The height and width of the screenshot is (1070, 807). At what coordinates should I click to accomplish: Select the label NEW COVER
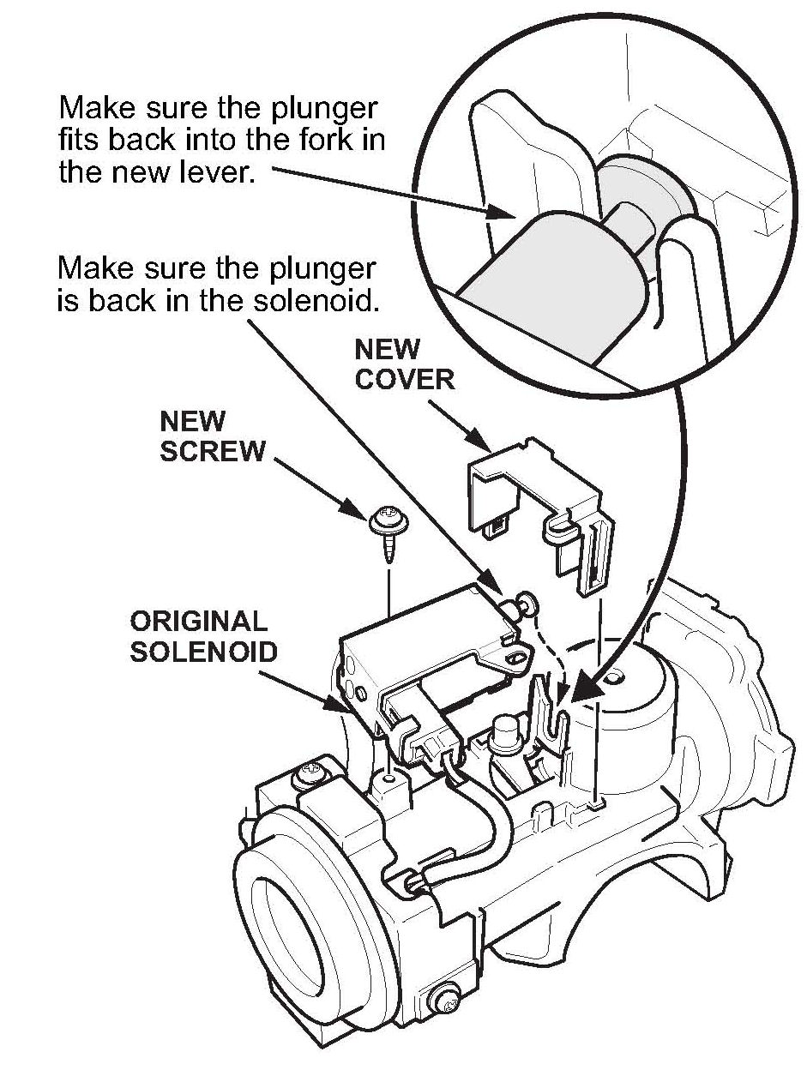coord(404,364)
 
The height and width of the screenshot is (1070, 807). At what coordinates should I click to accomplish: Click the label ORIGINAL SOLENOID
coord(203,635)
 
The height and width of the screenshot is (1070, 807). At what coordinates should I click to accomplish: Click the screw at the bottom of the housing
coord(446,999)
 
